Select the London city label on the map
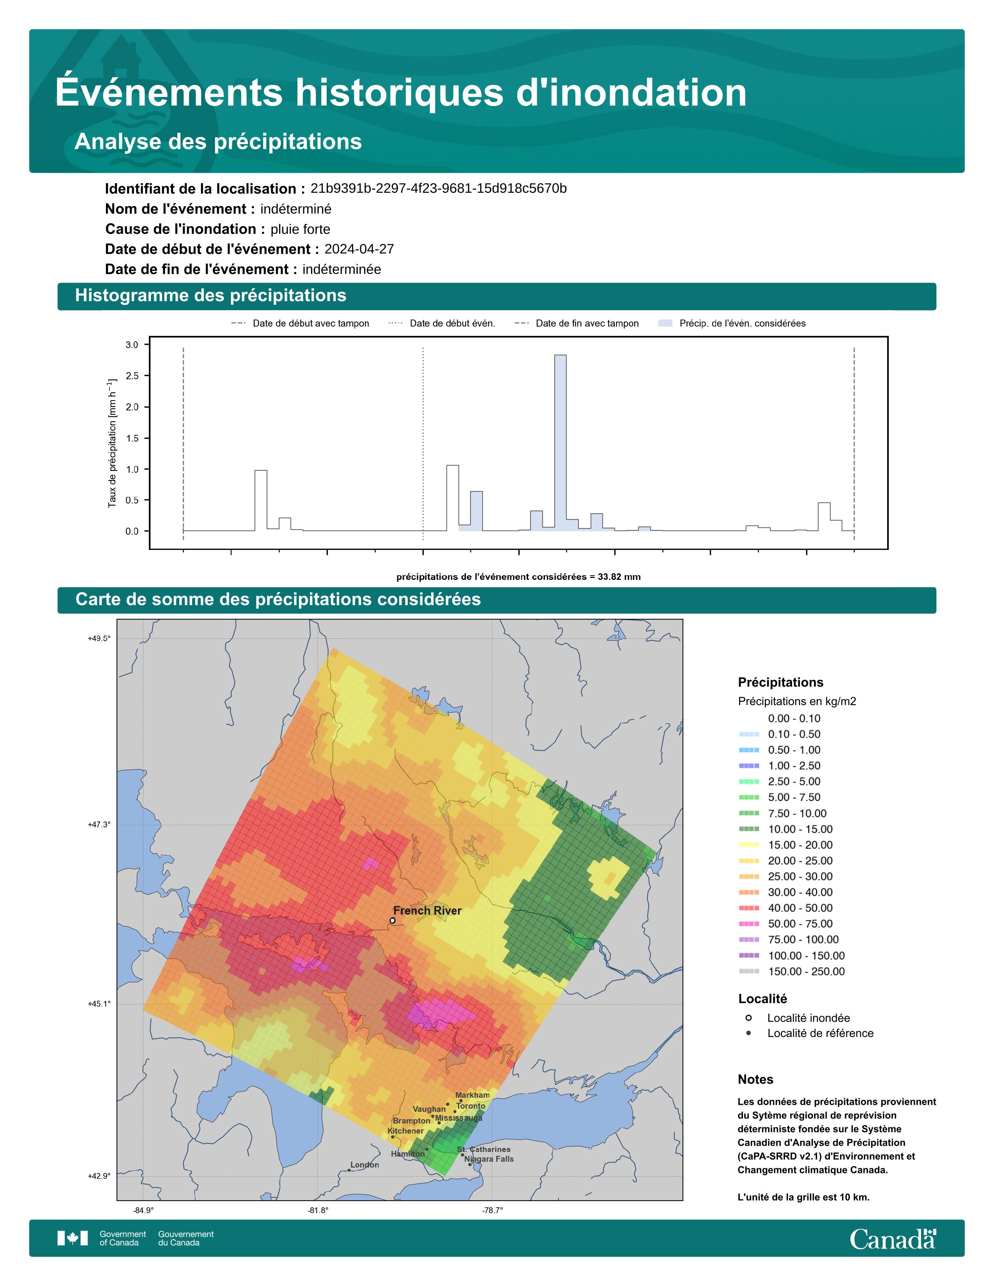tap(364, 1165)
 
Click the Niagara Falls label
tap(489, 1159)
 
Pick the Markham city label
tap(472, 1095)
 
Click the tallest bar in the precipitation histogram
tap(561, 443)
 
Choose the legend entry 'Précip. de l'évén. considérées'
tap(732, 323)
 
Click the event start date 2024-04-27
tap(359, 249)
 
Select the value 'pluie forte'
tap(300, 229)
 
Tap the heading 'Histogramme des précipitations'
tap(211, 296)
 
